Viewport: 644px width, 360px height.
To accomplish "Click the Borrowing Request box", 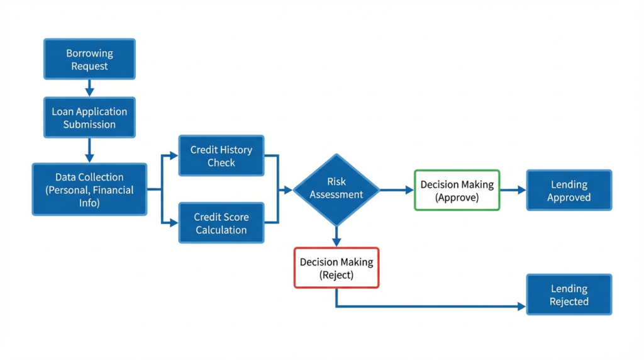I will [x=89, y=59].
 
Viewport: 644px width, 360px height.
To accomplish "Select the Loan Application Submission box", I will [x=89, y=117].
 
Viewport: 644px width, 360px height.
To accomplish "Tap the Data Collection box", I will [x=89, y=189].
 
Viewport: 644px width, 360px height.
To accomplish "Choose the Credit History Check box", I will [x=221, y=155].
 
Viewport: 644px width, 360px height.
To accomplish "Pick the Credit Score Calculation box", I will [x=221, y=223].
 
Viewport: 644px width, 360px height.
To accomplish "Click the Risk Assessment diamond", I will [x=336, y=189].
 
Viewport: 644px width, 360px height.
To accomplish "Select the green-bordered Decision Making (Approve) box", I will [x=457, y=190].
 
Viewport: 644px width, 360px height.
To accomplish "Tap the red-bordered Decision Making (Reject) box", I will [x=336, y=267].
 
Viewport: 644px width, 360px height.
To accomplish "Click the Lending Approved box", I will [x=569, y=190].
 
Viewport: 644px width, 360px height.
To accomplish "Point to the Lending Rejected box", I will [x=569, y=295].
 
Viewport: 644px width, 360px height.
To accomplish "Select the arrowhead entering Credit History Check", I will [x=174, y=155].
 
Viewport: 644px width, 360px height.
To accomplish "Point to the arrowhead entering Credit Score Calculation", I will [x=174, y=223].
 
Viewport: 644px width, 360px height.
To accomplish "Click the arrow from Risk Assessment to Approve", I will [x=397, y=189].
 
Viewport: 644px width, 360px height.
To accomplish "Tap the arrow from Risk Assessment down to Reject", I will [x=336, y=237].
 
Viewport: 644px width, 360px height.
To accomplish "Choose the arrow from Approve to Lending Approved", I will [x=513, y=190].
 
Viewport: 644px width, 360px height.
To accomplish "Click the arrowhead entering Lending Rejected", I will [x=521, y=307].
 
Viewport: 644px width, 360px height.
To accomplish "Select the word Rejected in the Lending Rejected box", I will [x=569, y=301].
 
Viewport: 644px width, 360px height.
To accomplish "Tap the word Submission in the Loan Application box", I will [x=89, y=124].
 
